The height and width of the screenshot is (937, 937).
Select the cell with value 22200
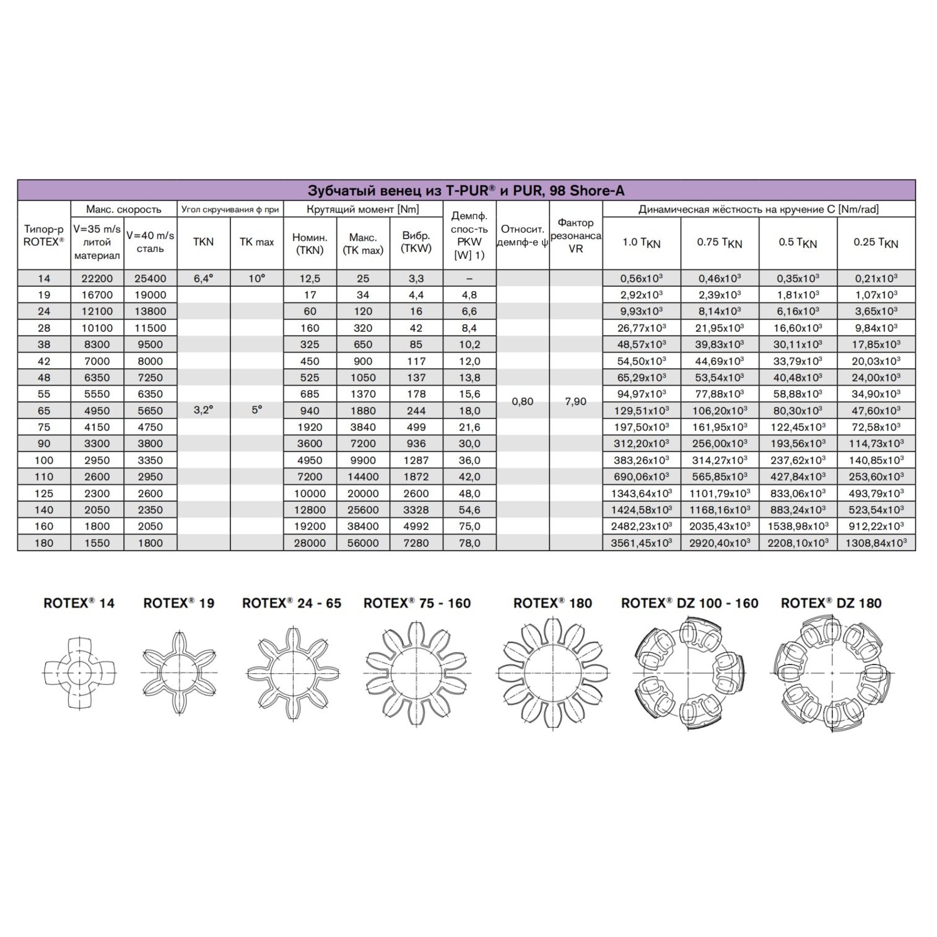coord(97,279)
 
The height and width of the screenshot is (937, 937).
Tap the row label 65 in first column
coord(44,411)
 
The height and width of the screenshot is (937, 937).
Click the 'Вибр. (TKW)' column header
coord(416,242)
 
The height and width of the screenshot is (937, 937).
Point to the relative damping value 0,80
coord(523,401)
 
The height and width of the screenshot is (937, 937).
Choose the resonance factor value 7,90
coord(575,401)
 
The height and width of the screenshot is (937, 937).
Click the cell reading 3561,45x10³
coord(641,543)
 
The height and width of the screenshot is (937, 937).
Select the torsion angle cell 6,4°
coord(203,279)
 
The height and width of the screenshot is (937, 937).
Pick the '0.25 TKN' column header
coord(876,242)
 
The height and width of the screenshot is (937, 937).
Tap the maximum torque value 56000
coord(363,543)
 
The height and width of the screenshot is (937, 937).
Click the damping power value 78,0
coord(469,543)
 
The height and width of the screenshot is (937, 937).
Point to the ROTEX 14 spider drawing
coord(79,673)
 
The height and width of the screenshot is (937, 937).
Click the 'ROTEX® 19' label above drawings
coord(178,603)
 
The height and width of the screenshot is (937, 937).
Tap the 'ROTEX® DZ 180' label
coord(831,603)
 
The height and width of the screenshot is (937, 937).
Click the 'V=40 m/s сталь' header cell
coord(150,242)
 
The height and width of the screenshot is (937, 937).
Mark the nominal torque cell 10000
coord(310,494)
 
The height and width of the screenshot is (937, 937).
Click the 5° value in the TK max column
coord(256,409)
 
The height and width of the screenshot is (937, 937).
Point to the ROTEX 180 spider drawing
coord(552,673)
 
